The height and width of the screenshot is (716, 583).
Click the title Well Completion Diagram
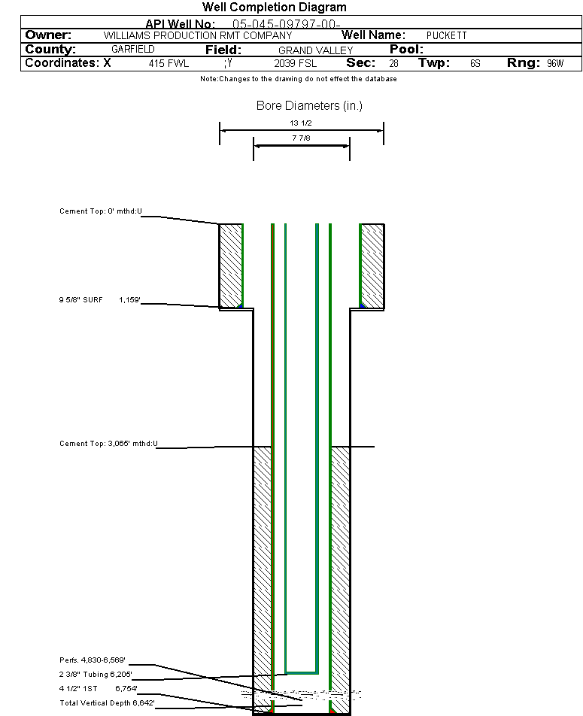pos(275,8)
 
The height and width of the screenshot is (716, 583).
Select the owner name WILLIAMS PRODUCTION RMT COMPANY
pos(197,36)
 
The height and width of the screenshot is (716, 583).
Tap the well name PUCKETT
pos(446,36)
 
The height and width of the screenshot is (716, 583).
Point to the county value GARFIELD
pos(132,50)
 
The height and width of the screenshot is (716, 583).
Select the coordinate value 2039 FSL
pos(296,64)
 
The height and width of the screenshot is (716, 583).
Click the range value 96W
pos(554,64)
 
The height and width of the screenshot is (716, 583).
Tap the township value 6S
pos(475,64)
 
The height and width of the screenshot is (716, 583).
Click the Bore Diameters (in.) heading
pos(309,106)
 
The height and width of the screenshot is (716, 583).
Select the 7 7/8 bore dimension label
pos(301,138)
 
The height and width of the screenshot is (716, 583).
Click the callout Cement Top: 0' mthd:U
pos(101,211)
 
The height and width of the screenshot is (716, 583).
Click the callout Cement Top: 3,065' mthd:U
pos(108,444)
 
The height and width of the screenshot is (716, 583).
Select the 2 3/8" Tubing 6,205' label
pos(96,675)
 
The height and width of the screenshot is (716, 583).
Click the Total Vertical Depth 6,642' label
pos(97,703)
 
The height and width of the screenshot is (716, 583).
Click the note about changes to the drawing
pos(299,79)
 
